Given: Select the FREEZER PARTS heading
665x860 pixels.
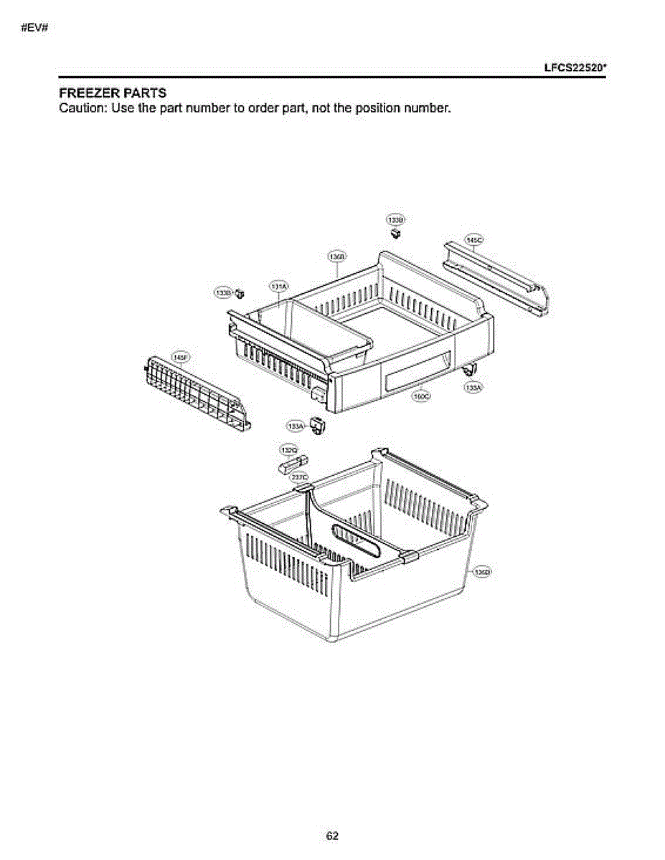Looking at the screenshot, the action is pos(112,93).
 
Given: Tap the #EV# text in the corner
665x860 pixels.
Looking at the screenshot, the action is pos(34,29).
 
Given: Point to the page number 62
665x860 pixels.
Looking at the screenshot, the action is pos(332,836).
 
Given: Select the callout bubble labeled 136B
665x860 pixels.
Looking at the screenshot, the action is pos(337,257).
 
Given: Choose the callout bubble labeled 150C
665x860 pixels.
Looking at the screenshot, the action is pos(421,396).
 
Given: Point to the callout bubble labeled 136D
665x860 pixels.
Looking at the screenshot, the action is pos(482,571).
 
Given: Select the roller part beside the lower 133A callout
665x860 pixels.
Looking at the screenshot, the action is pos(318,425).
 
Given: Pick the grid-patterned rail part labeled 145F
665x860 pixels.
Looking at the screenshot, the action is pos(197,392).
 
